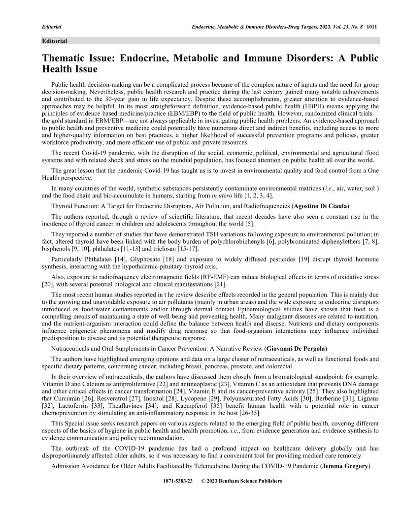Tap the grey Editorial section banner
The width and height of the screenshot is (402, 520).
pyautogui.click(x=210, y=41)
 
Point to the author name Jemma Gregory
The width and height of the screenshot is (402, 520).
pyautogui.click(x=349, y=466)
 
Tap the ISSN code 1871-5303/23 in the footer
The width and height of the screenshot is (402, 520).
pyautogui.click(x=177, y=481)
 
